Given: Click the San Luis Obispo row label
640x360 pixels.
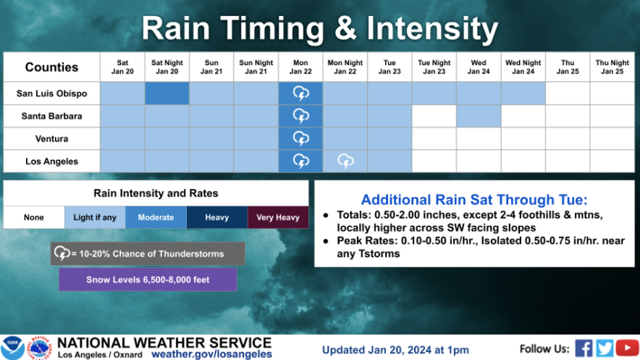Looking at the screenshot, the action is coord(52,93).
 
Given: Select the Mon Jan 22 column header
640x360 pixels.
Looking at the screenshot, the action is coord(300,67).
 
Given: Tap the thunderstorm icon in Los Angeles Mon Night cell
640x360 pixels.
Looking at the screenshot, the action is coord(345,161).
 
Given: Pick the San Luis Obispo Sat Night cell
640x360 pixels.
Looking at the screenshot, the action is coord(167,93).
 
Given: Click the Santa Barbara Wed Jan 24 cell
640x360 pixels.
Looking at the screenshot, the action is coord(479,116).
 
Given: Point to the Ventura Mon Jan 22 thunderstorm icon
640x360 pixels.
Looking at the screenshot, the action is coord(301,138).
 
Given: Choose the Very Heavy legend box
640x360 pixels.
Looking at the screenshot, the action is coord(278,218).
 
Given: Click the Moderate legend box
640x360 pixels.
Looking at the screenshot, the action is coord(156,218).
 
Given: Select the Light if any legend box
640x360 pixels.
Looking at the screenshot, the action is coord(95,218).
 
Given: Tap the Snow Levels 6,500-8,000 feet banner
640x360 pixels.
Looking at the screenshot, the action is coord(148,280).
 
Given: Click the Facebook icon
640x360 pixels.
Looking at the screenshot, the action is coord(584,348).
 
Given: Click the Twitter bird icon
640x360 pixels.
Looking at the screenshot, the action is coord(604,348).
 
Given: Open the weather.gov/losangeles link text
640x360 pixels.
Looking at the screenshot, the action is coord(212,355).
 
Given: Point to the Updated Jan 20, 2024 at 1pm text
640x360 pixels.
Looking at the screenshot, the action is coord(395,350).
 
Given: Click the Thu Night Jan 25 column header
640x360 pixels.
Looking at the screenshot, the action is coord(612,67).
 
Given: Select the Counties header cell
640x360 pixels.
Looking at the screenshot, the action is coord(52,67).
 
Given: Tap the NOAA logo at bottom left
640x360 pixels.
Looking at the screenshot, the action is coord(12,348).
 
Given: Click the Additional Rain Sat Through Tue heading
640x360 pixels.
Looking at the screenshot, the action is coord(475,200).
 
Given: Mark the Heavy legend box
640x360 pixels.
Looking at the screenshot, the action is coord(217,218).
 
